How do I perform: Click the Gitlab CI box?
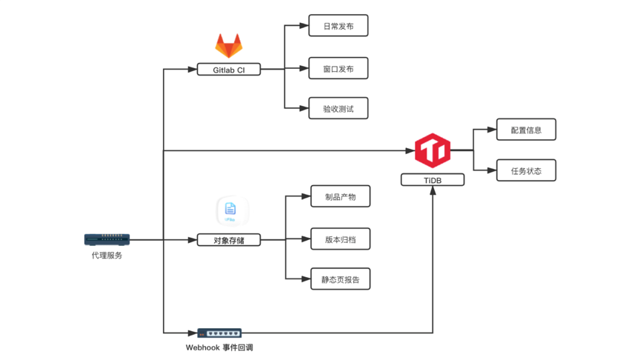tap(229, 70)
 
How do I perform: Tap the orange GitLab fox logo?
tap(229, 46)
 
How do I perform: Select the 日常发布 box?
tap(339, 26)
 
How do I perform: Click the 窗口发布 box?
tap(339, 69)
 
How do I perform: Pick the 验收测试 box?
tap(339, 109)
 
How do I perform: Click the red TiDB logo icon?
tap(433, 150)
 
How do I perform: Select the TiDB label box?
tap(433, 180)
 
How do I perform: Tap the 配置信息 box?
tap(526, 130)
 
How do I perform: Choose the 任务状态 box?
tap(526, 171)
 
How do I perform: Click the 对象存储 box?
tap(229, 240)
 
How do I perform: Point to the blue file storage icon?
tap(231, 210)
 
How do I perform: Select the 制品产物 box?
tap(340, 196)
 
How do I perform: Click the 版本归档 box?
tap(340, 239)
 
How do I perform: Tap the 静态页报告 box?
tap(340, 279)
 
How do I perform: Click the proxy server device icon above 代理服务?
tap(107, 239)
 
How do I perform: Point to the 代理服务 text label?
tap(107, 256)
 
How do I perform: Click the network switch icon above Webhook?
tap(219, 333)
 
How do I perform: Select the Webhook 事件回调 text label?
tap(219, 347)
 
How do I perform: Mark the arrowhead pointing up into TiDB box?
tap(433, 190)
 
